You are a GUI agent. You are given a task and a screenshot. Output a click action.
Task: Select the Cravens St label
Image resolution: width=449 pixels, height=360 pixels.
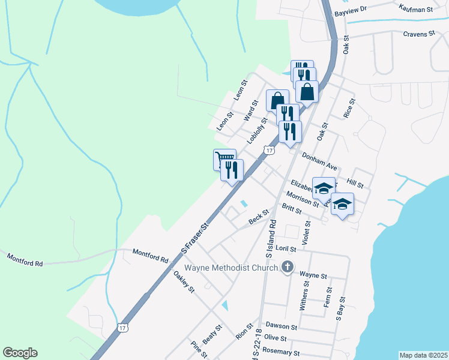pyautogui.click(x=418, y=34)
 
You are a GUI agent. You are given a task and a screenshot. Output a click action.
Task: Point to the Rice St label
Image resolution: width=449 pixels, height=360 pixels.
pyautogui.click(x=348, y=108)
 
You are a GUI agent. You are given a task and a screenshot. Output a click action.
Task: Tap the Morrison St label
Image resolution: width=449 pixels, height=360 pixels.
pyautogui.click(x=303, y=199)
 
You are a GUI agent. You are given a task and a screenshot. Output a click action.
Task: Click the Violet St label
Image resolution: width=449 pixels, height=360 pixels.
pyautogui.click(x=307, y=232)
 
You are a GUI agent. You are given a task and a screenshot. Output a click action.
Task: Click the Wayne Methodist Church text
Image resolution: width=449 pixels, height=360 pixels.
pyautogui.click(x=231, y=268)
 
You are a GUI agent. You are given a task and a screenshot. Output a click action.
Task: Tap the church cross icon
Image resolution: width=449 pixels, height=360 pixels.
pyautogui.click(x=288, y=268)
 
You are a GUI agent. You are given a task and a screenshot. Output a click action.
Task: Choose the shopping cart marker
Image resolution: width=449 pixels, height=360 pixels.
pyautogui.click(x=224, y=160)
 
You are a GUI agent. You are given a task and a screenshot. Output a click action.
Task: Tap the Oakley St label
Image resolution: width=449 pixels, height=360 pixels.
pyautogui.click(x=184, y=282)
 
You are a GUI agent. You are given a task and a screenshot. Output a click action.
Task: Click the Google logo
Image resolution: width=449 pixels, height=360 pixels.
pyautogui.click(x=20, y=353)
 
